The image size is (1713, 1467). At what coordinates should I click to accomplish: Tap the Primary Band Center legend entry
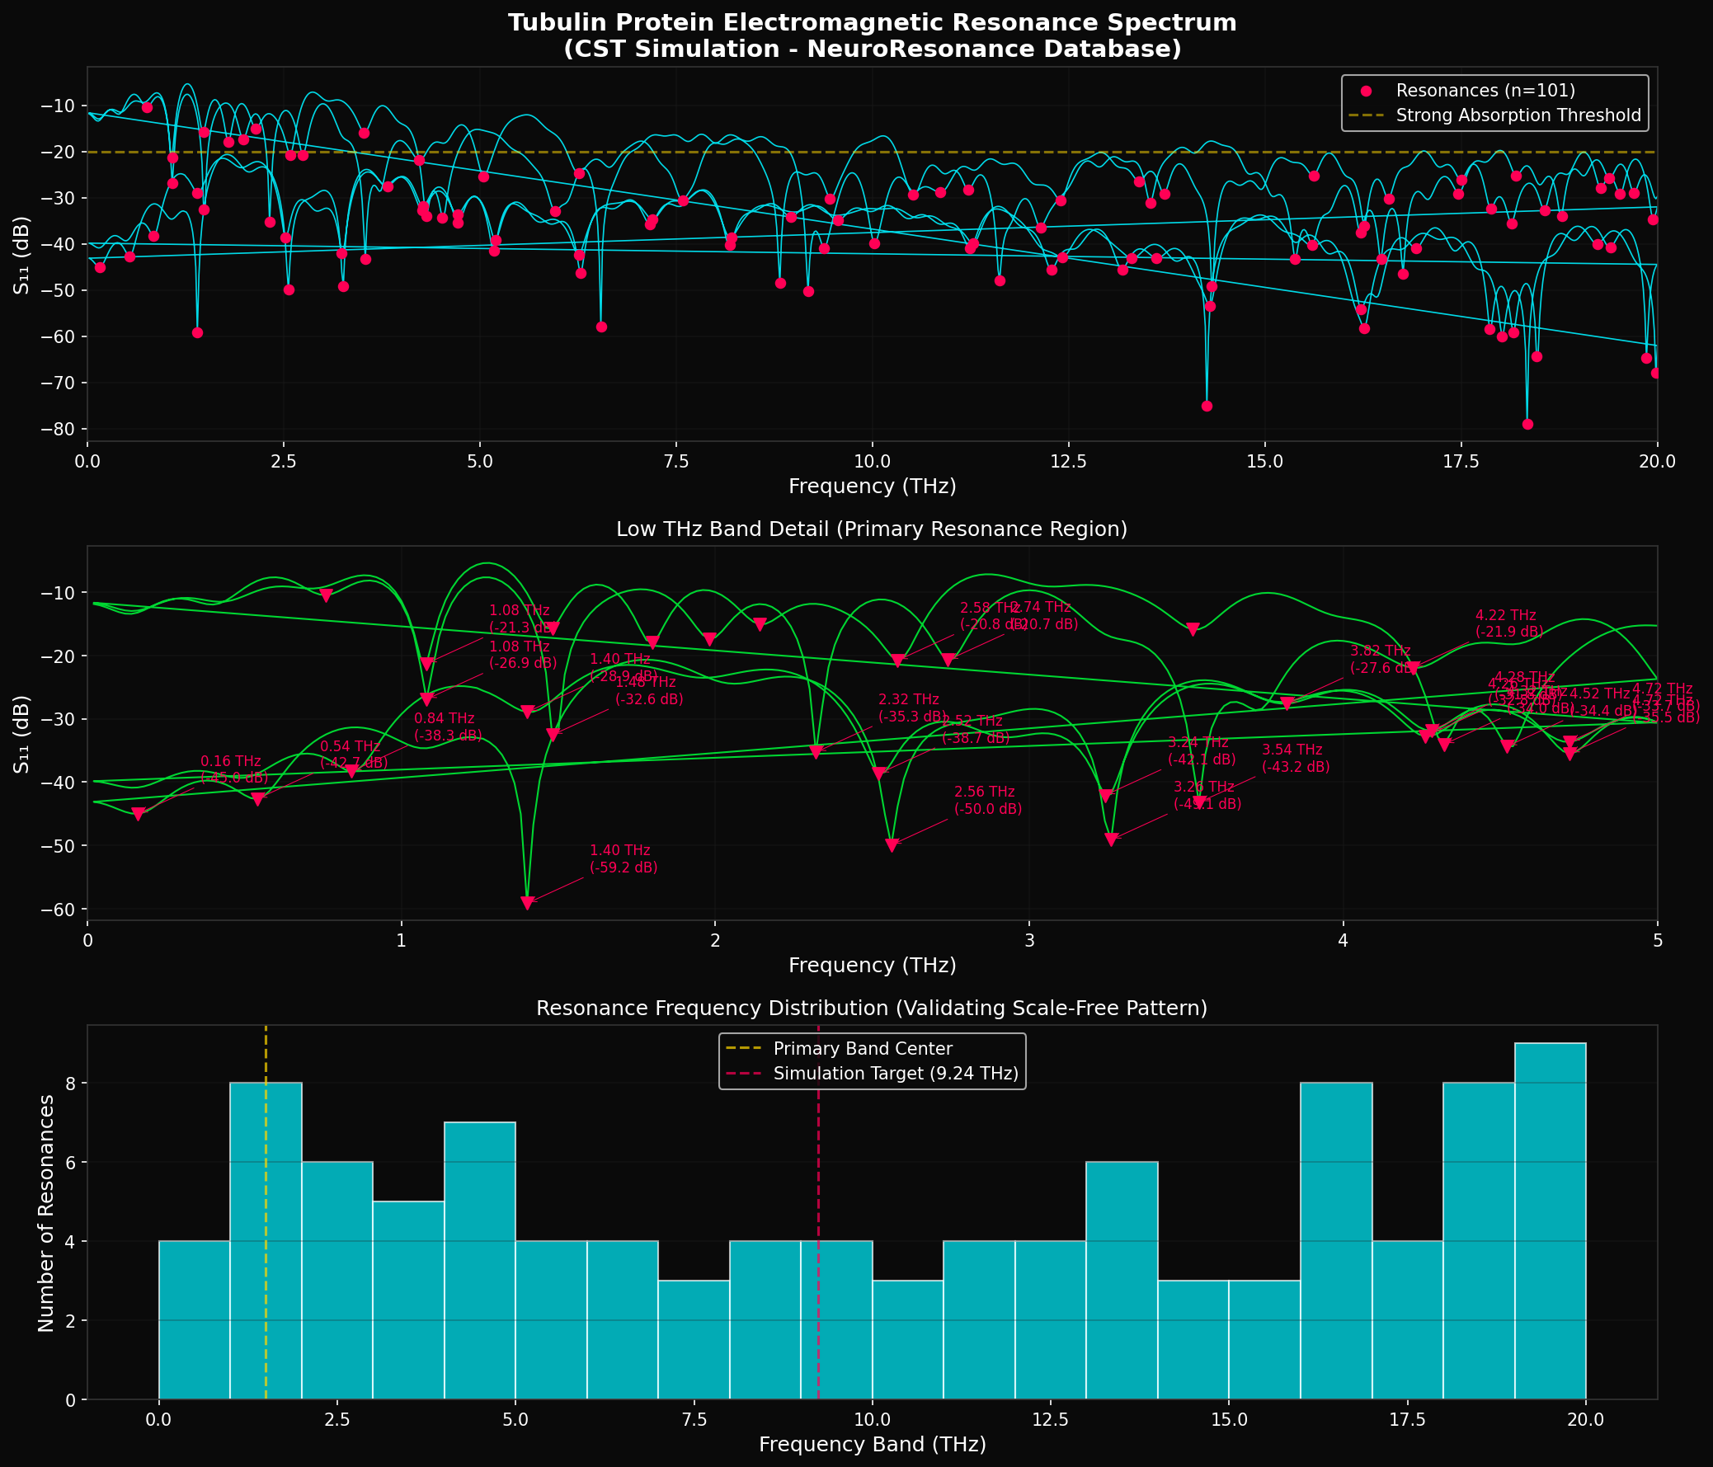[x=863, y=1049]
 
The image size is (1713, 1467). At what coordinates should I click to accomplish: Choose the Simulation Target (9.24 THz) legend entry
[x=896, y=1074]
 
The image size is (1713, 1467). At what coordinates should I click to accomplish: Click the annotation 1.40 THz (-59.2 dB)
[x=624, y=858]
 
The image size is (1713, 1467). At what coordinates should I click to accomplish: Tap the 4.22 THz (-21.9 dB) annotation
[x=1508, y=623]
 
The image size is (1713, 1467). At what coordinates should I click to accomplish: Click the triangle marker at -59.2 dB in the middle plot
[x=528, y=902]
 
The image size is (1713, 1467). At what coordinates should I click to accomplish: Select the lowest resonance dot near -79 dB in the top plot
[x=1527, y=425]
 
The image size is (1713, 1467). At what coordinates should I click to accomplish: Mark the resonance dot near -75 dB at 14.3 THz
[x=1207, y=406]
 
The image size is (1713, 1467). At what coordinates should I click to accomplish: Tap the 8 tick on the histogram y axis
[x=70, y=1084]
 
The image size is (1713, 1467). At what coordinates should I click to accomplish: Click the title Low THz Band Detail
[x=872, y=529]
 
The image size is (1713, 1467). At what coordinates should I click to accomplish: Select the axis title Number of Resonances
[x=46, y=1213]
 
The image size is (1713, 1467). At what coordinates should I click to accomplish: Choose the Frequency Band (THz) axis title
[x=872, y=1445]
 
